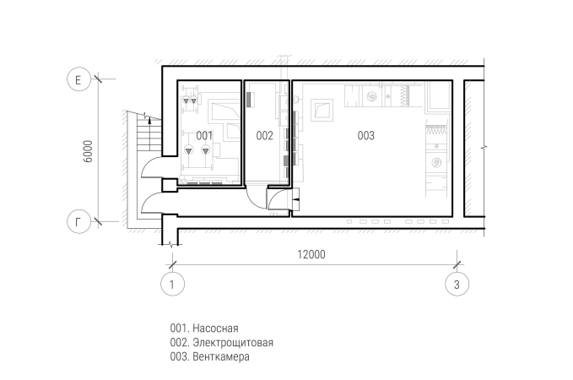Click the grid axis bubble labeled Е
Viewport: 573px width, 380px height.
coord(78,79)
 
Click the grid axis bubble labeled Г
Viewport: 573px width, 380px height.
coord(78,221)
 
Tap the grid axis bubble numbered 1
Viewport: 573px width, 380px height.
coord(172,284)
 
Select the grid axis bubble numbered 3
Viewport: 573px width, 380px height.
coord(457,284)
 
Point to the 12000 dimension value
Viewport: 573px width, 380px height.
coord(311,254)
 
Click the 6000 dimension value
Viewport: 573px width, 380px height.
coord(88,151)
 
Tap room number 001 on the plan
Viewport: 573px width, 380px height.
coord(204,136)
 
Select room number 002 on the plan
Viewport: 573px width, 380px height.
coord(265,136)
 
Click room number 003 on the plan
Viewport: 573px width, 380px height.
coord(365,136)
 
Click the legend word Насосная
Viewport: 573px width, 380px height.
coord(215,328)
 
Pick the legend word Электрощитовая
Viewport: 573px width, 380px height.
coord(233,342)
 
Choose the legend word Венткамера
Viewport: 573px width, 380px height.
coord(221,356)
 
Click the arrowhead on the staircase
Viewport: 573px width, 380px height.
coord(149,121)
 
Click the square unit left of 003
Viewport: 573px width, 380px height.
coord(322,110)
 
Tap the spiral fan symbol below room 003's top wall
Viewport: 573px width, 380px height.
coord(371,96)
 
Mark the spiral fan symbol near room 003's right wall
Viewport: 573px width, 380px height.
coord(436,162)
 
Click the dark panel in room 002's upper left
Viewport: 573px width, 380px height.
coord(250,100)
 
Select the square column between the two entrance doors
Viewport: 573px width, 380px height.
coord(169,185)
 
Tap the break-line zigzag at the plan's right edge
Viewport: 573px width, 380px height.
coord(484,148)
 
